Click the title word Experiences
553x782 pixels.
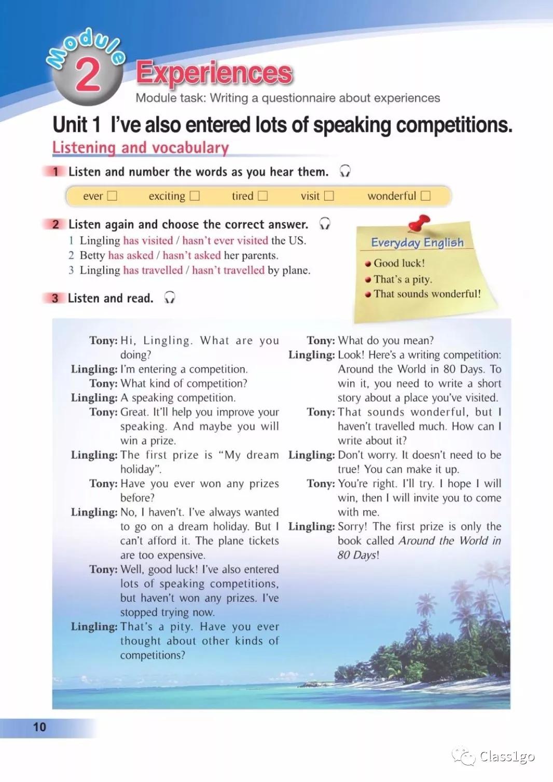214,73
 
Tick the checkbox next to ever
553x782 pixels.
112,196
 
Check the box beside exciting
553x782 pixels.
195,196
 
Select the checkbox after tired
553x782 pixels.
263,196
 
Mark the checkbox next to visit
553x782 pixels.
329,196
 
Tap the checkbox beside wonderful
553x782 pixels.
426,196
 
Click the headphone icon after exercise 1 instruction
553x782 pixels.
345,171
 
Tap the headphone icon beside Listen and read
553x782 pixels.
169,297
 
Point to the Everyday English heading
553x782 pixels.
417,242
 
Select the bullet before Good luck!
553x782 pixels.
368,264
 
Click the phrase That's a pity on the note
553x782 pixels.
403,279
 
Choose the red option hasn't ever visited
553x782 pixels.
225,240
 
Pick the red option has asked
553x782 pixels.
131,255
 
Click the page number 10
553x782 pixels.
39,727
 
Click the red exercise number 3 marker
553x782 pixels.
55,298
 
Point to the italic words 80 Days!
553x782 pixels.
358,555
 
